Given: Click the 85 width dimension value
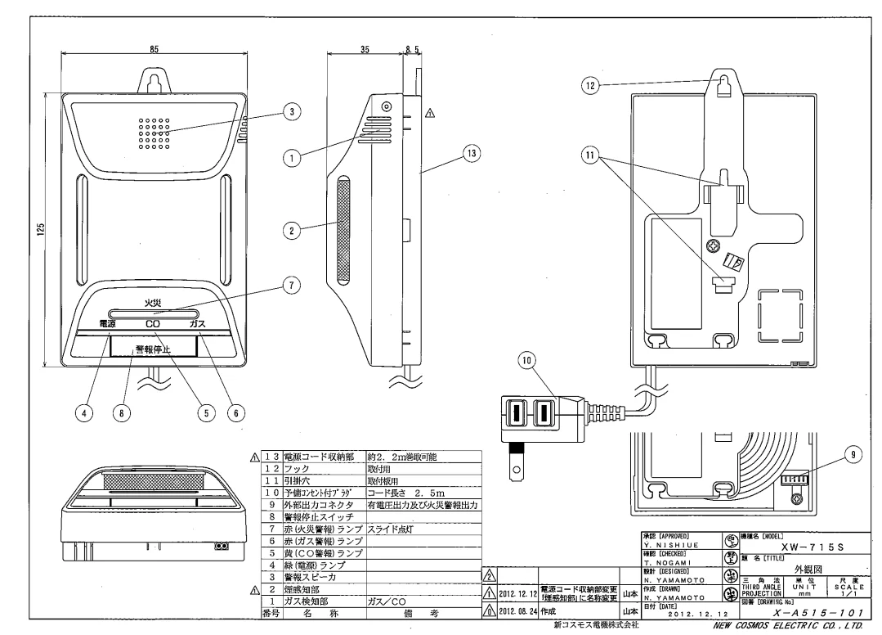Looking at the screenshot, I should pyautogui.click(x=154, y=49).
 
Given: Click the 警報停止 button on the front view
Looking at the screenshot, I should pyautogui.click(x=154, y=348).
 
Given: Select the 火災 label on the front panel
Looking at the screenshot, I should pyautogui.click(x=154, y=302).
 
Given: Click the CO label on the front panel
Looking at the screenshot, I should pyautogui.click(x=153, y=324).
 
